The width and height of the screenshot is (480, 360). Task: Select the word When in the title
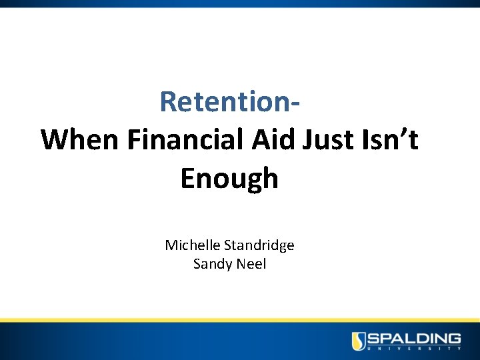(x=79, y=140)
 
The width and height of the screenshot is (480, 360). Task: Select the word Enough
(x=229, y=179)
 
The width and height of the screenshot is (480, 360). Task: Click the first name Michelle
(x=191, y=245)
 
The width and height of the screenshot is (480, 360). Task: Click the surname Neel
(x=250, y=264)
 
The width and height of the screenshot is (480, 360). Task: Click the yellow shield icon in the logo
(x=359, y=341)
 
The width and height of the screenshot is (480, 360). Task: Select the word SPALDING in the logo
(x=415, y=338)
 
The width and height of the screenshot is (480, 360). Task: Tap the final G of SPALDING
(x=453, y=338)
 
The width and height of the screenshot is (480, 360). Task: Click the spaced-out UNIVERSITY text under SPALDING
(x=415, y=349)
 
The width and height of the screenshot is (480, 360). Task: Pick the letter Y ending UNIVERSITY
(x=459, y=349)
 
